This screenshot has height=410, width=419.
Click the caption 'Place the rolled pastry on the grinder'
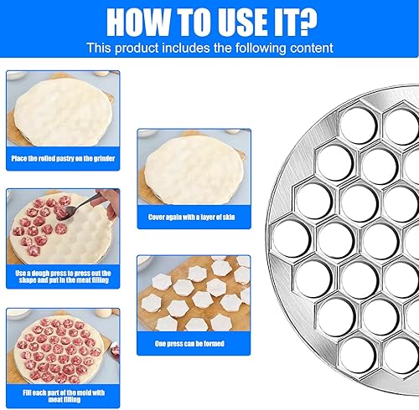pyautogui.click(x=63, y=158)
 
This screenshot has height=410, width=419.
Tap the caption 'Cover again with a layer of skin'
pyautogui.click(x=192, y=217)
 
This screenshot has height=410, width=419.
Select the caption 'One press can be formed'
pyautogui.click(x=189, y=343)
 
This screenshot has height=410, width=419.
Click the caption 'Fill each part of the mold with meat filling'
pyautogui.click(x=64, y=396)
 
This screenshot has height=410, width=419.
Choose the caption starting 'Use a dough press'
pyautogui.click(x=64, y=276)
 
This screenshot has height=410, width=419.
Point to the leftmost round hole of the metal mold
pyautogui.click(x=292, y=238)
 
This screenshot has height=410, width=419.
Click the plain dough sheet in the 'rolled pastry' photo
pyautogui.click(x=63, y=112)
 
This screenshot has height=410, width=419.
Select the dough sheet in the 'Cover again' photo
pyautogui.click(x=194, y=170)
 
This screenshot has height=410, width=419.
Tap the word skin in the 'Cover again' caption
pyautogui.click(x=229, y=217)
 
